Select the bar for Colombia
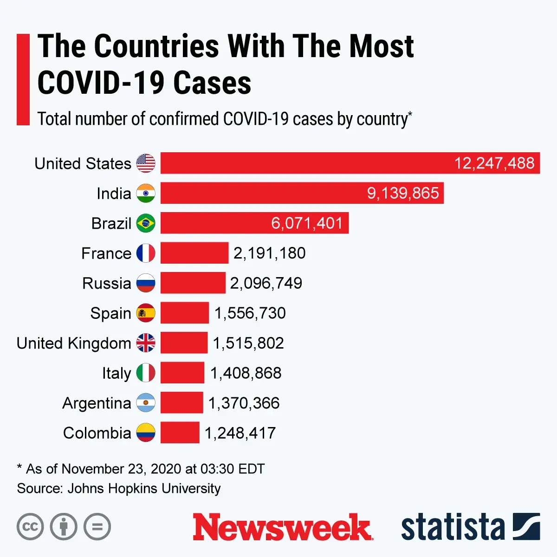180,433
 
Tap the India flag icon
146,193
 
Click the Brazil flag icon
146,223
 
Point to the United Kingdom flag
146,343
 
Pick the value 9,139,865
403,193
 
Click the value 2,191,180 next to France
269,253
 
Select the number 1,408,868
246,373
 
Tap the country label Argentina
97,403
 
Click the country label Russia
107,283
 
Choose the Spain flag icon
146,313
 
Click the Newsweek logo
282,527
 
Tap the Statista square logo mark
526,527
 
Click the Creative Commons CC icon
30,527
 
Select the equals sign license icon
97,527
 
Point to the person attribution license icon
64,527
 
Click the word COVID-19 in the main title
100,83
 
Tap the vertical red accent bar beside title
23,79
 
